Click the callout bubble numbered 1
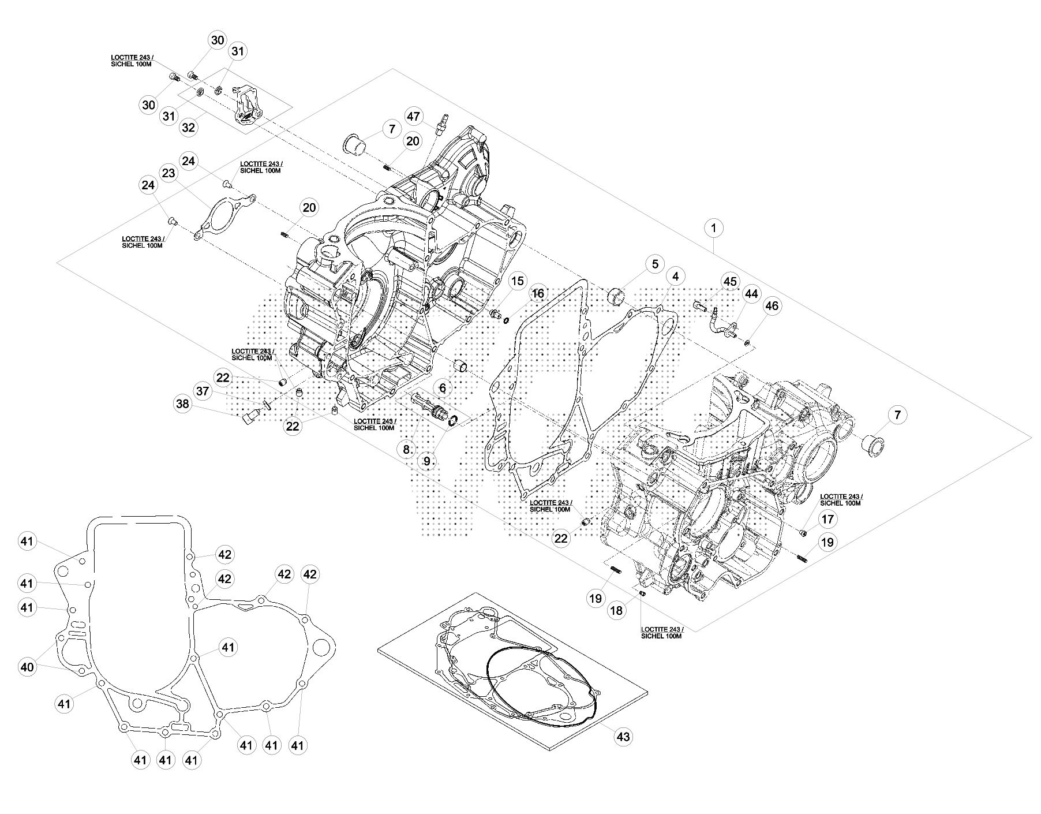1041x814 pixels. tap(714, 229)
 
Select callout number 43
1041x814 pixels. tap(624, 736)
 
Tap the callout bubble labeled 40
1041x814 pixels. tap(27, 667)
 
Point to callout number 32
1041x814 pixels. tap(189, 127)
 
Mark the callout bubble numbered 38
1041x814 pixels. tap(182, 404)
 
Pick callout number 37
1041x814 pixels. tap(203, 391)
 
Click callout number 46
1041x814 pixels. tap(772, 305)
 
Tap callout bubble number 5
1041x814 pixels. tap(655, 264)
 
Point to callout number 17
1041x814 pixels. tap(827, 519)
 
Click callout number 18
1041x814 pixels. tap(617, 610)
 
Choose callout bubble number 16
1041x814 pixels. tap(537, 294)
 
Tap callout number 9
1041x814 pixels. tap(428, 461)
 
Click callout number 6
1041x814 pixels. tap(443, 388)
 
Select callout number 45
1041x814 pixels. tap(731, 282)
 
